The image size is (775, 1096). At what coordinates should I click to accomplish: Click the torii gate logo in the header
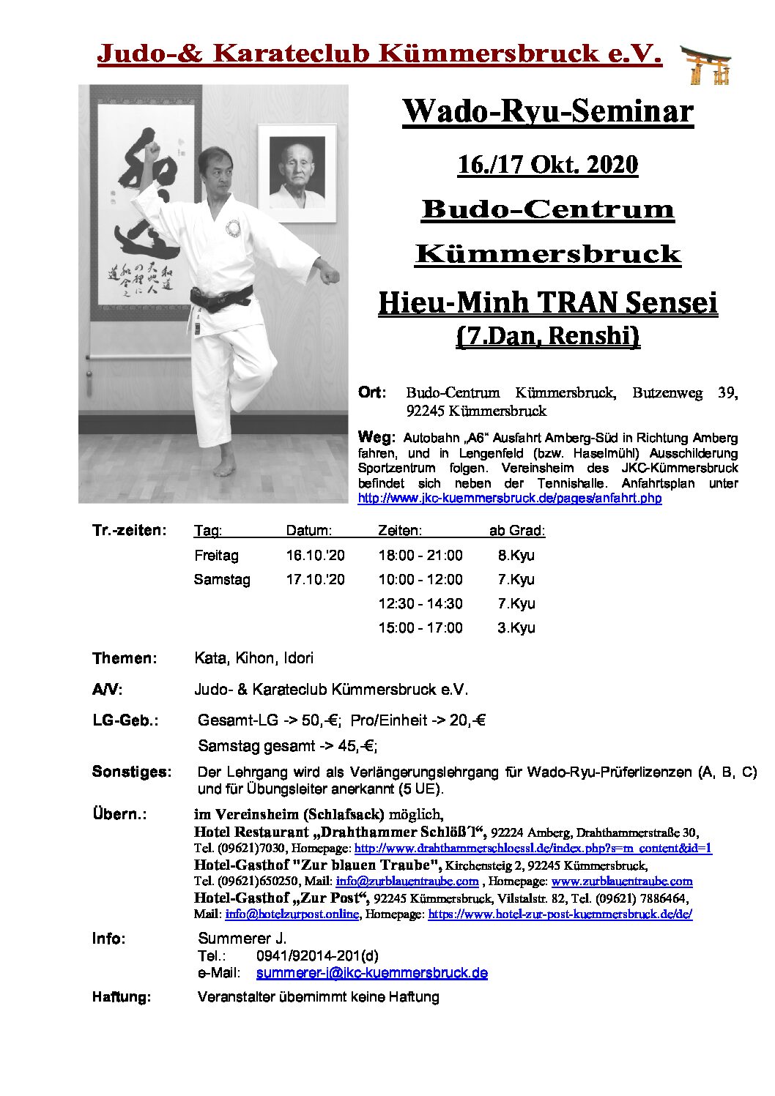coord(705,64)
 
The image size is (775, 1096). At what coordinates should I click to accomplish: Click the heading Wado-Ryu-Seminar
coord(547,112)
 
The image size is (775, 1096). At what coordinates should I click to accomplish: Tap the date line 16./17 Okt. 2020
coord(547,165)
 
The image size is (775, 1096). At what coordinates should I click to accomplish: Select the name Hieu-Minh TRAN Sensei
coord(547,302)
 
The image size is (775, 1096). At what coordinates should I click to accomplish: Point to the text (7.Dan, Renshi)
coord(547,336)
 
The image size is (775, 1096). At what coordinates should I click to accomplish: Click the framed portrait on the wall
coord(297,174)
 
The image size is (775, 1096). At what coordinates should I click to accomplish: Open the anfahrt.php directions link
coord(509,499)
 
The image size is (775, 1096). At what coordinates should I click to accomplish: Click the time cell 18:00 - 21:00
coord(420,556)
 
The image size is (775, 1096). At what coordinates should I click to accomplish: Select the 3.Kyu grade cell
coord(516,628)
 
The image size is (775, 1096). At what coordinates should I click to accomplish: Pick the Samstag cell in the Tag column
coord(222,580)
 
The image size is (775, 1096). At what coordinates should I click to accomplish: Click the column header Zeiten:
coord(399,531)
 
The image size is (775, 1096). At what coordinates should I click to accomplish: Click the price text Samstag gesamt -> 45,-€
coord(287,747)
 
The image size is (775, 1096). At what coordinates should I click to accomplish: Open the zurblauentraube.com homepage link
coord(621,881)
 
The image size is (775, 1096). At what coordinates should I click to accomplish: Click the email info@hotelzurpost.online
coord(292,914)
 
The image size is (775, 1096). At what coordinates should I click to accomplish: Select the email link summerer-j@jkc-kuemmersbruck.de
coord(371,974)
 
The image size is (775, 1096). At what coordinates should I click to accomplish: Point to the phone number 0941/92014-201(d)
coord(317,956)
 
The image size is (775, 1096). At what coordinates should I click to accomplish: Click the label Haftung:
coord(122,997)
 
